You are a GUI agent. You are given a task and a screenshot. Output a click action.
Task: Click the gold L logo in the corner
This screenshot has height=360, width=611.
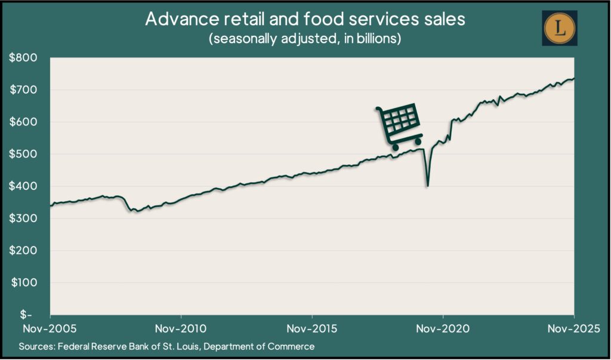(559, 27)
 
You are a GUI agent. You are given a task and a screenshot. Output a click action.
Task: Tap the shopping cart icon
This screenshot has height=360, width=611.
(399, 127)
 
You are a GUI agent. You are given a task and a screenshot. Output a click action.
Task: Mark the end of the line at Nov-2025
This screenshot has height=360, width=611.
(574, 78)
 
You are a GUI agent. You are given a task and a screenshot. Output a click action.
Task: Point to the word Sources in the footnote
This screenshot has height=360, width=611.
(36, 346)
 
